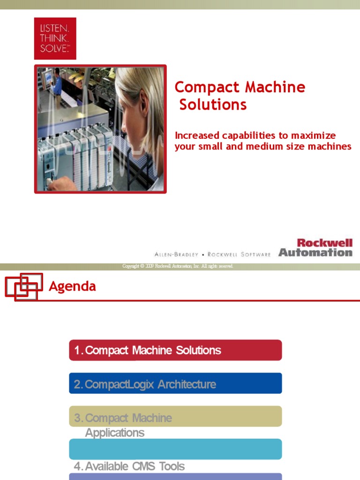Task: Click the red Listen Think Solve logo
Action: pyautogui.click(x=55, y=38)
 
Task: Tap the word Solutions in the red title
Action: pyautogui.click(x=213, y=105)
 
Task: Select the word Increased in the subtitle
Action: pyautogui.click(x=197, y=135)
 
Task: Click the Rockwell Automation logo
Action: pyautogui.click(x=315, y=247)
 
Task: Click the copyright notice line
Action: pyautogui.click(x=177, y=266)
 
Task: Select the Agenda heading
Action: pyautogui.click(x=72, y=286)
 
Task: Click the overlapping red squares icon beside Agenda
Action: pyautogui.click(x=24, y=286)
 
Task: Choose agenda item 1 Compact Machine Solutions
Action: pyautogui.click(x=175, y=350)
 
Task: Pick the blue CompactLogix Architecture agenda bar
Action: pyautogui.click(x=175, y=384)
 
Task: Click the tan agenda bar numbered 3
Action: pyautogui.click(x=175, y=417)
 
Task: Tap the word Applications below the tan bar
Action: pyautogui.click(x=115, y=433)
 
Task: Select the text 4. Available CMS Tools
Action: pyautogui.click(x=129, y=466)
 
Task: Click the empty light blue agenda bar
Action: pyautogui.click(x=175, y=449)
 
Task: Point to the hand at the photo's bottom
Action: pyautogui.click(x=61, y=184)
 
